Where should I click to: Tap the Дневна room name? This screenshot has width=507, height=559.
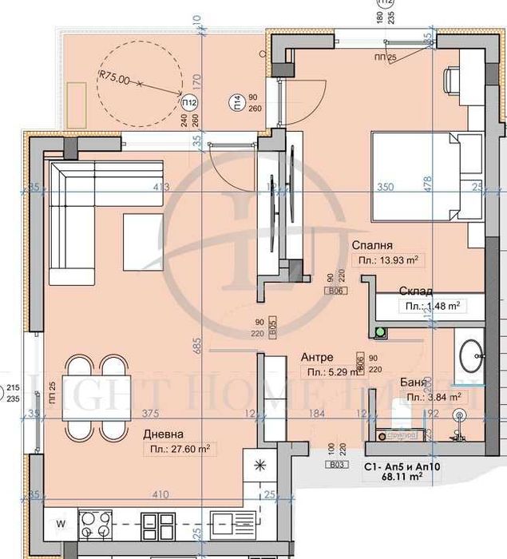click(164, 434)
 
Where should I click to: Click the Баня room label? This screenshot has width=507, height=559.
click(421, 383)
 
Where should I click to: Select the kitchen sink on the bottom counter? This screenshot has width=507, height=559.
click(225, 525)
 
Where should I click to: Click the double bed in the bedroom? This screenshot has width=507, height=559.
click(423, 176)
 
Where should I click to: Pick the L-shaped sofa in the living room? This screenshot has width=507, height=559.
click(88, 216)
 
